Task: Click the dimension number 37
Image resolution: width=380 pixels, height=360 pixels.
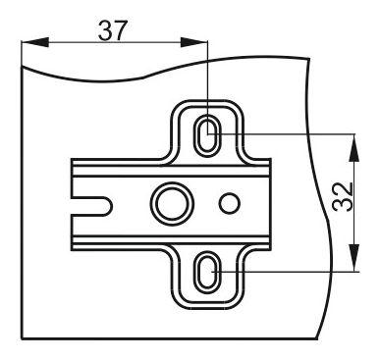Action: tap(112, 30)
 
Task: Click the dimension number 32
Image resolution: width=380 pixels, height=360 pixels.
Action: tap(343, 196)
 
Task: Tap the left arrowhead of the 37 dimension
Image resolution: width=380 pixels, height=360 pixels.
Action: tap(35, 42)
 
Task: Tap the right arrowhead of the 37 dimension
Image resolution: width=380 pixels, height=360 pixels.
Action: tap(193, 42)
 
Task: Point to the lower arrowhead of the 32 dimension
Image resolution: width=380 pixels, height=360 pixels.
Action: tap(354, 258)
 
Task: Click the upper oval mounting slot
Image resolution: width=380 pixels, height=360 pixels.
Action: tap(207, 134)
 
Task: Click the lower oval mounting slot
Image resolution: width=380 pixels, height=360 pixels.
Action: tap(206, 273)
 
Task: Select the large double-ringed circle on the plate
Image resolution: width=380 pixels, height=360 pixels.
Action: tap(172, 203)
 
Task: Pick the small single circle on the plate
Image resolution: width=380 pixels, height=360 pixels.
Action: tap(230, 203)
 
